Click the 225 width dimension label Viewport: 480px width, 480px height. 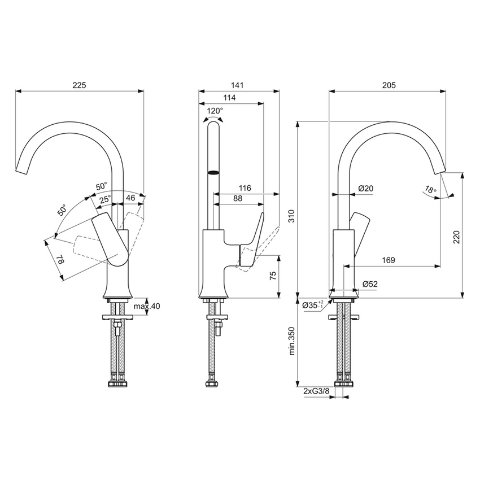point(79,85)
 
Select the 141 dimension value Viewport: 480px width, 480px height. point(237,85)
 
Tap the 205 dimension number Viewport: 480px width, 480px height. point(389,85)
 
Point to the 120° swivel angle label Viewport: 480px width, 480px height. point(215,111)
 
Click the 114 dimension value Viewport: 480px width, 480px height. point(230,98)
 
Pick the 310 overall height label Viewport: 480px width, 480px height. point(292,218)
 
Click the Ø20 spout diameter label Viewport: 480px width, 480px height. point(365,188)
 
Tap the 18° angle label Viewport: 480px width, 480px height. point(430,191)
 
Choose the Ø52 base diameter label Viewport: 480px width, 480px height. point(369,284)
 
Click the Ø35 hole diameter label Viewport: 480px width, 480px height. point(312,305)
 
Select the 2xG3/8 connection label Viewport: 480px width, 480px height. point(316,391)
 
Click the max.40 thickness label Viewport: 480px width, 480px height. point(150,306)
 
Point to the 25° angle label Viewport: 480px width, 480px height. point(105,199)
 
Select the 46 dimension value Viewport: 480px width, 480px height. point(130,198)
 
